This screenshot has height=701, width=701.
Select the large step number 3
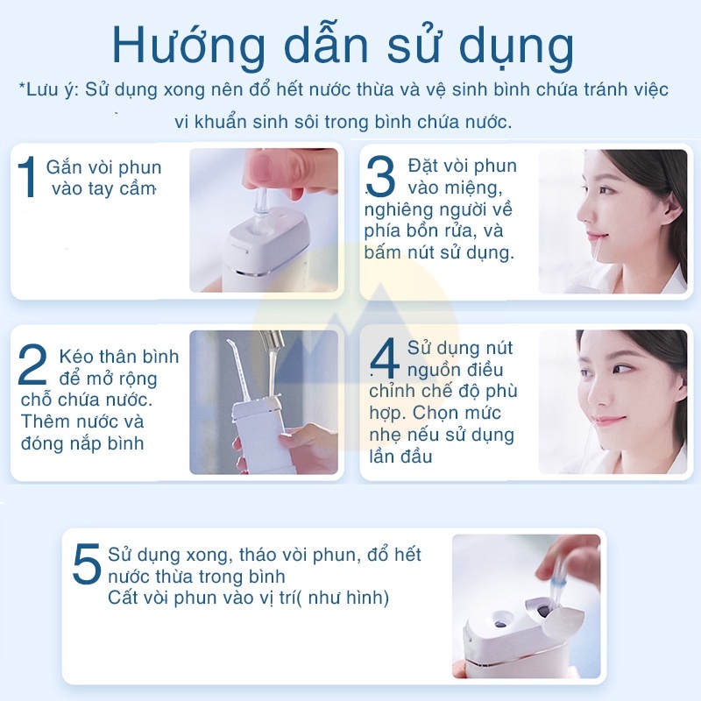click(380, 179)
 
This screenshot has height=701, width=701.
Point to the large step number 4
click(385, 361)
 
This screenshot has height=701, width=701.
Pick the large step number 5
click(87, 565)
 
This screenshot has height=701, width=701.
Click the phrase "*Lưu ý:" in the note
click(49, 89)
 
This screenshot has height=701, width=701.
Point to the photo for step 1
click(263, 220)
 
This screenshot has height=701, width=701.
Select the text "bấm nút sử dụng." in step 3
click(439, 252)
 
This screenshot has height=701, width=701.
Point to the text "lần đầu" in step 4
click(400, 457)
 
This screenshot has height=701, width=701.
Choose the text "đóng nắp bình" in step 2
click(82, 443)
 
